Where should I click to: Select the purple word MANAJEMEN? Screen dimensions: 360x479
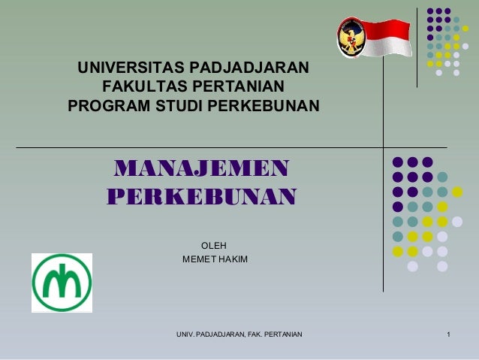pyautogui.click(x=200, y=167)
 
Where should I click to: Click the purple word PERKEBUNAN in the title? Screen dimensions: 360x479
pyautogui.click(x=202, y=198)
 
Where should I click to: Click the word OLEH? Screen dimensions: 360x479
pyautogui.click(x=214, y=246)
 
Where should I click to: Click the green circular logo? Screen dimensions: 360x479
pyautogui.click(x=62, y=283)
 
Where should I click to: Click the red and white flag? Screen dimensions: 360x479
pyautogui.click(x=383, y=38)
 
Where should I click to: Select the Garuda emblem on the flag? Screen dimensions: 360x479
pyautogui.click(x=351, y=35)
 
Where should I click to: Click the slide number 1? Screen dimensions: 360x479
pyautogui.click(x=448, y=333)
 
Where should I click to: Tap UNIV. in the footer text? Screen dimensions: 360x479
pyautogui.click(x=186, y=333)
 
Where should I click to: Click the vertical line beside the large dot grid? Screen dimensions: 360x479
pyautogui.click(x=383, y=218)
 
